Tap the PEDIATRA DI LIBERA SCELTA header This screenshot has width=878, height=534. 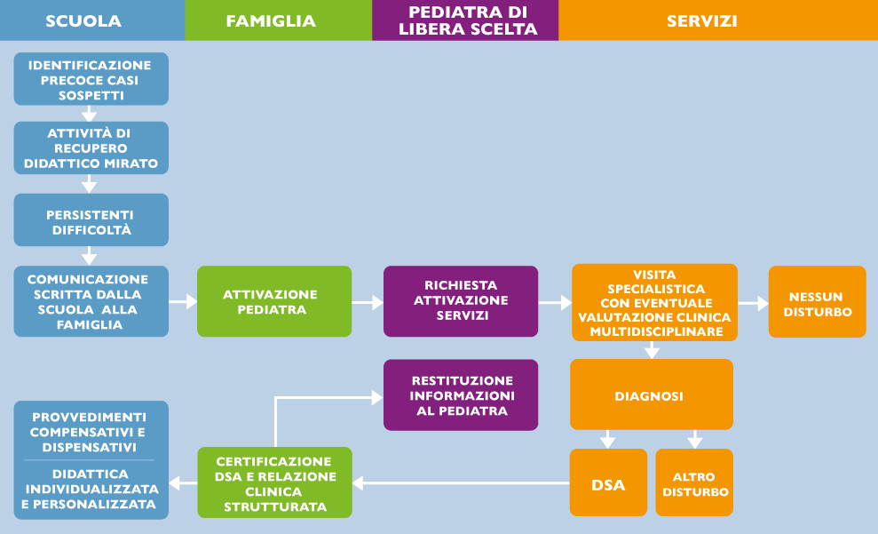[x=464, y=20]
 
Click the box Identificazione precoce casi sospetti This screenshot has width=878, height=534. [x=91, y=79]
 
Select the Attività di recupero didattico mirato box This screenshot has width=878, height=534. [x=91, y=147]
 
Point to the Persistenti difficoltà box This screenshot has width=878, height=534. [x=91, y=220]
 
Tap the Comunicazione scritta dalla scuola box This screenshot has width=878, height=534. [x=91, y=301]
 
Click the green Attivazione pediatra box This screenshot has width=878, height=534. [x=273, y=301]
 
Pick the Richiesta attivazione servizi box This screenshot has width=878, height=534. [x=460, y=301]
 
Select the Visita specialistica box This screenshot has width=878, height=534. [x=654, y=302]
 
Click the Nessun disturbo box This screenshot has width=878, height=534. [x=817, y=302]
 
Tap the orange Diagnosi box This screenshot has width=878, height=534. [x=651, y=395]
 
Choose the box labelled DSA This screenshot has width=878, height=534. [x=608, y=483]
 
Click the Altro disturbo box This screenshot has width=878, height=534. [x=694, y=483]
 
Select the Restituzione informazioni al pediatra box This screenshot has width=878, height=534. [x=460, y=395]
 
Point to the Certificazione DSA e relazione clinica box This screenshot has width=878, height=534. [x=273, y=483]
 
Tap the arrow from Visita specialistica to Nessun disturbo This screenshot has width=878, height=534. [x=753, y=303]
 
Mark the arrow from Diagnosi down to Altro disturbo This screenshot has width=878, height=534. [x=694, y=439]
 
